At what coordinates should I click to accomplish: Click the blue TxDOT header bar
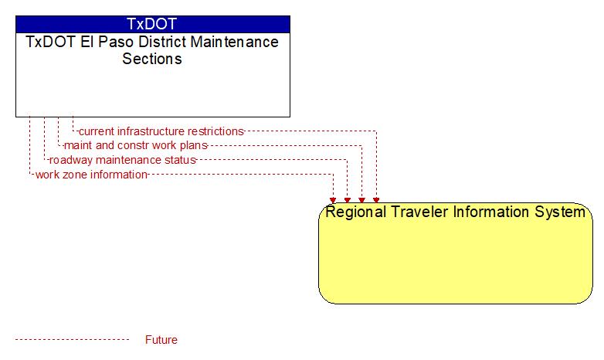[x=153, y=24]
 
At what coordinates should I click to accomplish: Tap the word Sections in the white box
[x=152, y=59]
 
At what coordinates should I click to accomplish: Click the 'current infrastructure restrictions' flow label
[x=161, y=131]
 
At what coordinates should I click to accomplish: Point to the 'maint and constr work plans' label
[x=136, y=146]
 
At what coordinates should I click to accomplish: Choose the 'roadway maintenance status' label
[x=123, y=160]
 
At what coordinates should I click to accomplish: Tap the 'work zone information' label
[x=91, y=175]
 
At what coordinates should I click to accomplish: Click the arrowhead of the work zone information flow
[x=333, y=200]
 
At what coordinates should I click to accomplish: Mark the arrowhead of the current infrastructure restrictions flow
[x=376, y=200]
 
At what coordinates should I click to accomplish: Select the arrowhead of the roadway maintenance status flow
[x=348, y=200]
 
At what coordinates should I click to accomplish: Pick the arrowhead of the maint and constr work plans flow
[x=361, y=200]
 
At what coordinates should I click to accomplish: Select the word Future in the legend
[x=161, y=340]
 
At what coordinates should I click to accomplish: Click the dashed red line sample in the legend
[x=72, y=340]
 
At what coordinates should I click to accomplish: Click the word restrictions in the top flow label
[x=215, y=131]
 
